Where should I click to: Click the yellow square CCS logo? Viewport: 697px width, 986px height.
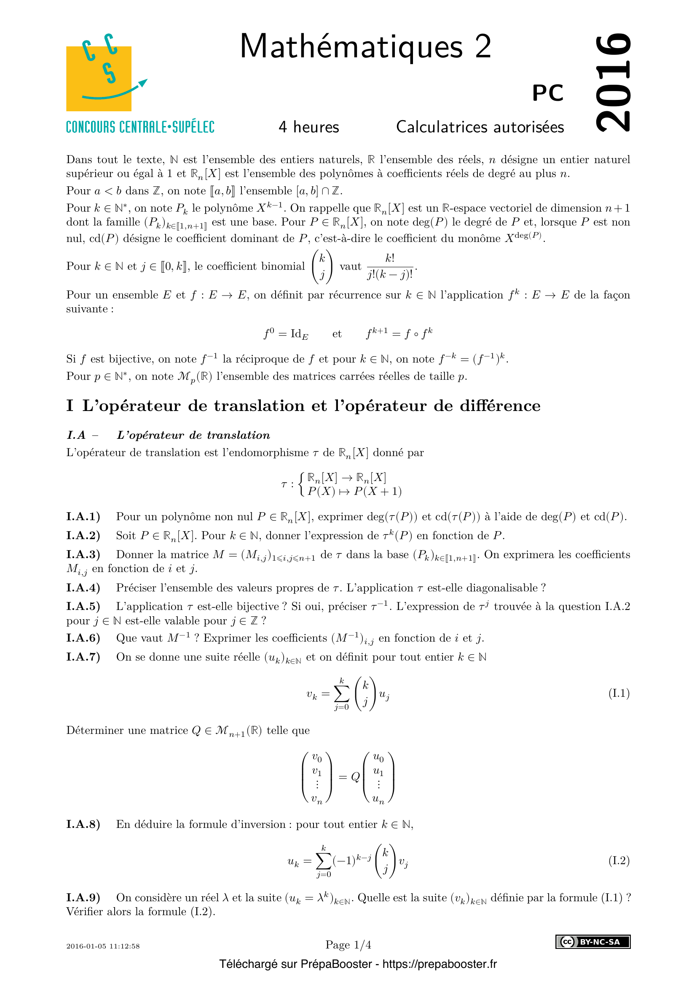tap(99, 78)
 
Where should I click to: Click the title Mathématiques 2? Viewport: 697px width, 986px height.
tap(365, 46)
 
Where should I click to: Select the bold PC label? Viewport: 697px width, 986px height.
tap(548, 93)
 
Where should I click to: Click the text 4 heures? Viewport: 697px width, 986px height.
tap(308, 127)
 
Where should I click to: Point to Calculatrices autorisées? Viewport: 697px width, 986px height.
tap(480, 127)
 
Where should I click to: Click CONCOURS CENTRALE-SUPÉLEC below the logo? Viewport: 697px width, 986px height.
tap(140, 127)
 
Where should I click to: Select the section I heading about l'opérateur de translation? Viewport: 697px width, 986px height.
tap(303, 406)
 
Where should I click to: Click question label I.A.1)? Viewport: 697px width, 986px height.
tap(83, 517)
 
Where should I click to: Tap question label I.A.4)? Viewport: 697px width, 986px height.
tap(83, 588)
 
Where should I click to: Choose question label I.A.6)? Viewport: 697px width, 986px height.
tap(83, 638)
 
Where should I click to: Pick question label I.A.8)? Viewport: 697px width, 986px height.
tap(83, 825)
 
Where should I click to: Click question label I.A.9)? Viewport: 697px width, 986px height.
tap(83, 898)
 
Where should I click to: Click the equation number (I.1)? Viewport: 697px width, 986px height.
tap(619, 693)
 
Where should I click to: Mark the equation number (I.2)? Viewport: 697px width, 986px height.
tap(619, 861)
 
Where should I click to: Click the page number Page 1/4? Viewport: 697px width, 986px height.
tap(348, 945)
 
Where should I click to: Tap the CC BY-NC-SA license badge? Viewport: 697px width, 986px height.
tap(593, 942)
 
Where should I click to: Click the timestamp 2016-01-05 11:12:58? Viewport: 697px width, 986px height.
tap(103, 946)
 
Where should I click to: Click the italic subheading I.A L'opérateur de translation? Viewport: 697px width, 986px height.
tap(168, 435)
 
